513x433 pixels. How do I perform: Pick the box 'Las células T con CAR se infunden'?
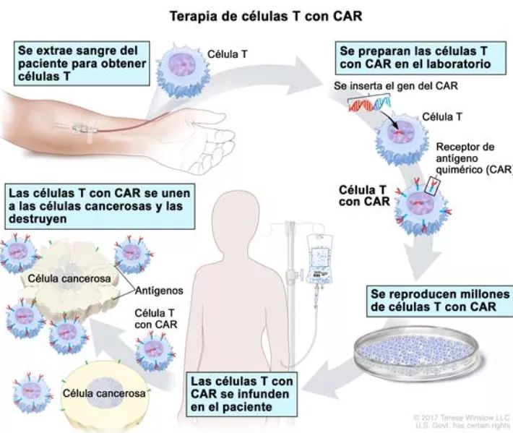coord(237,393)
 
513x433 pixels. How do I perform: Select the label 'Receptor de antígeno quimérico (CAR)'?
coord(473,159)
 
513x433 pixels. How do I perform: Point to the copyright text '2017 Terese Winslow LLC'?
coord(462,417)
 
